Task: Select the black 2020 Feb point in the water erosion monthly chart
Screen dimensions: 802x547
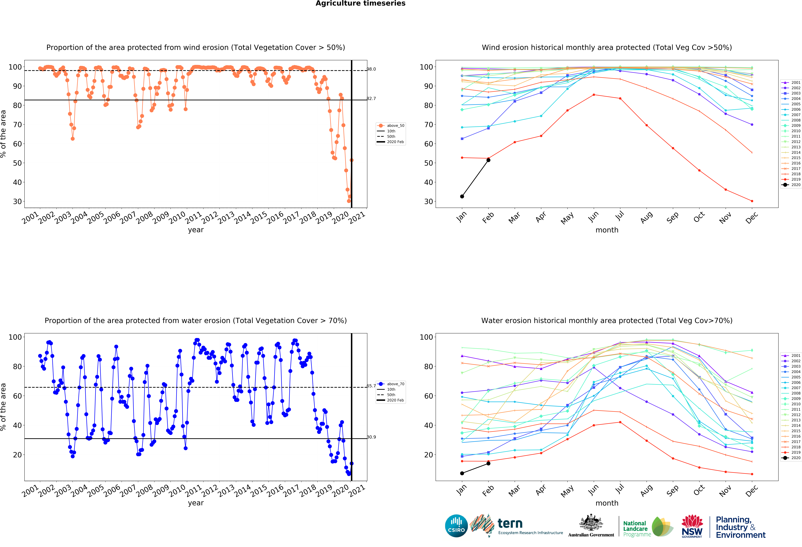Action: coord(488,463)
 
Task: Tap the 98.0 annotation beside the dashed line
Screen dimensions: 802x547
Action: coord(371,69)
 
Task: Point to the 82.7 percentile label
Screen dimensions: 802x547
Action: coord(371,98)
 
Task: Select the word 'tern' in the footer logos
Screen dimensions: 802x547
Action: coord(510,524)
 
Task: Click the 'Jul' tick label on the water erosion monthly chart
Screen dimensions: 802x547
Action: coord(620,488)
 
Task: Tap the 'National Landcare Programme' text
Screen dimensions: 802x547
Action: coord(637,529)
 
